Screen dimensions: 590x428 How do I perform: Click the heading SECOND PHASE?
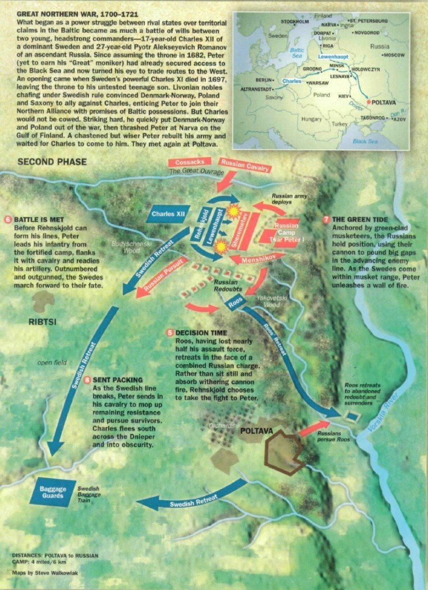pos(52,162)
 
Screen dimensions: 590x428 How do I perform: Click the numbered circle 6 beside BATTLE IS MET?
pos(7,220)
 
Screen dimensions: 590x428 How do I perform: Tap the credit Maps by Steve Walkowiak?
pos(47,573)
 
